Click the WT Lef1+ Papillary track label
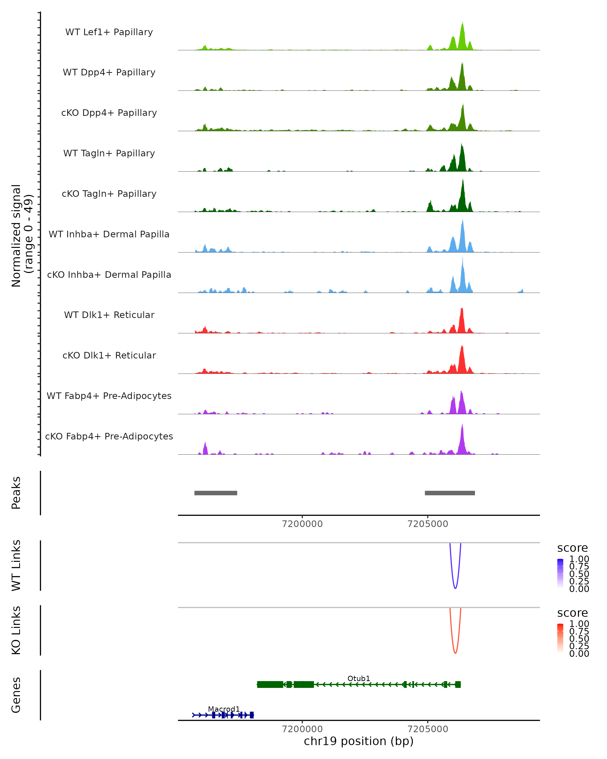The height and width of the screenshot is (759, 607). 109,32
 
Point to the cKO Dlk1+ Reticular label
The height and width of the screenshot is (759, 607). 109,355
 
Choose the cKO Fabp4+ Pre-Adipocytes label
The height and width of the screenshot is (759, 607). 109,436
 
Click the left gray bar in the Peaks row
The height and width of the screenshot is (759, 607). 216,493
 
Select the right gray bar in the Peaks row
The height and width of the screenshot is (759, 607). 450,493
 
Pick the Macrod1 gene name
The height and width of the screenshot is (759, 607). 224,709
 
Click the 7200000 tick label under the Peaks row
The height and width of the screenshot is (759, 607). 302,524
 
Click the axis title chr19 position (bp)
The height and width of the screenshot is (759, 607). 359,741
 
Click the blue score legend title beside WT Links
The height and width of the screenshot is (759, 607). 573,548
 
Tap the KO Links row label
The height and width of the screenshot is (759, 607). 16,630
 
